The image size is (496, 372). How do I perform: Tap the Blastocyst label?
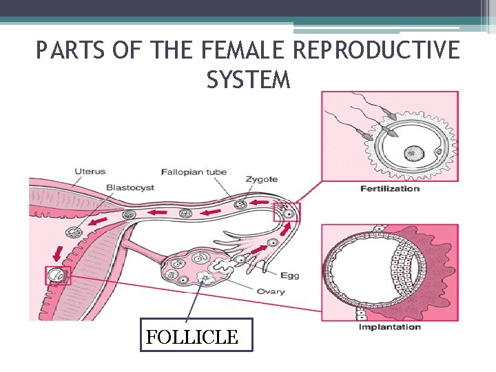pos(130,187)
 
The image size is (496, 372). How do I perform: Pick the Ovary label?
pos(270,291)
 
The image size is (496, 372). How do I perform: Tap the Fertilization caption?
pos(389,188)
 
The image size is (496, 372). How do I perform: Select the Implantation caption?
pos(389,327)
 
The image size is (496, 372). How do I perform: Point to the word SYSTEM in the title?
pos(248,80)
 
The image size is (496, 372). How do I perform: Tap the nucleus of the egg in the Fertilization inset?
pos(413,153)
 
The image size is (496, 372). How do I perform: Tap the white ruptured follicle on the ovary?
pos(205,278)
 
